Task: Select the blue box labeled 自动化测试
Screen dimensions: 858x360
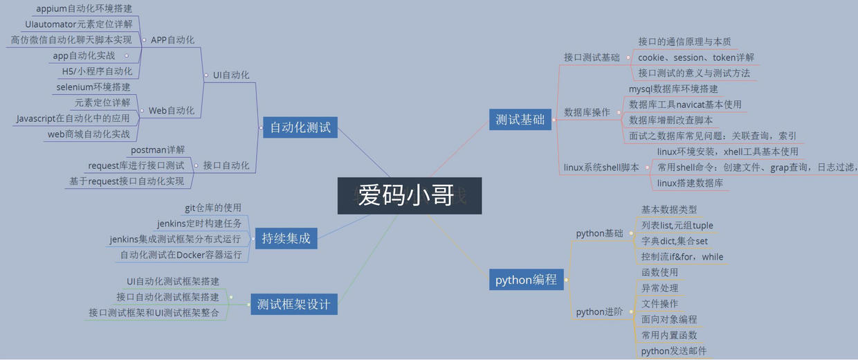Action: (300, 127)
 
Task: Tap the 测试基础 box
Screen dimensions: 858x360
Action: (520, 119)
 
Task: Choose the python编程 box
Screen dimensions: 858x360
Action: (526, 280)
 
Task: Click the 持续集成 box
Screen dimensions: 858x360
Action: (286, 239)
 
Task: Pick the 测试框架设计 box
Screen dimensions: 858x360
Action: (293, 304)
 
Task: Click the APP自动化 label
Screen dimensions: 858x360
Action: (172, 39)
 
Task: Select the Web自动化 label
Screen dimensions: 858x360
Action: (172, 111)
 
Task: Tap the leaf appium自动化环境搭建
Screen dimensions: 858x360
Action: (84, 9)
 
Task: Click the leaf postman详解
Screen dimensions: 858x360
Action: (158, 150)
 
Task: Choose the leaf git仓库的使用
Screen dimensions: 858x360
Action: (213, 208)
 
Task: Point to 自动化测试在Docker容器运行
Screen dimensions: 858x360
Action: (181, 255)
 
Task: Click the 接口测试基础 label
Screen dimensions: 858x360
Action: (592, 57)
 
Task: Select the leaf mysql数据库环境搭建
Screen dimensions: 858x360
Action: (673, 89)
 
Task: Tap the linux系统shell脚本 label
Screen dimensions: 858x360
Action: (601, 168)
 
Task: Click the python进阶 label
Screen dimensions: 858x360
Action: (599, 312)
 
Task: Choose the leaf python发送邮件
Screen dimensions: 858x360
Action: (674, 351)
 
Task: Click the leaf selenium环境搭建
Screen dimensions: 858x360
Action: (93, 87)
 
